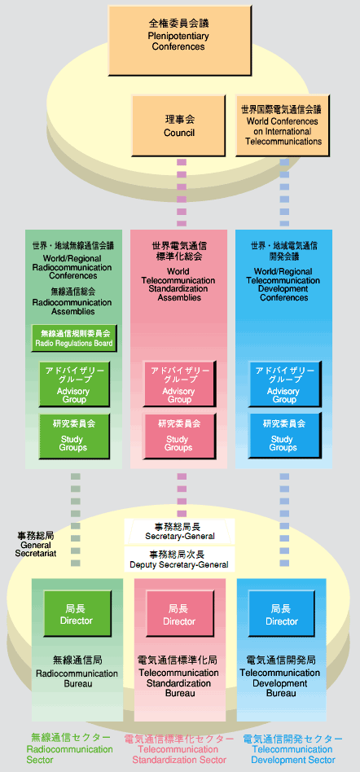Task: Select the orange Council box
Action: click(x=178, y=125)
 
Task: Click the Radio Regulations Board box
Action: click(x=74, y=338)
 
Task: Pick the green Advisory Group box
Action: click(x=74, y=384)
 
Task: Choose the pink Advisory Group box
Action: click(x=178, y=384)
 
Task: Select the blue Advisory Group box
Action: click(x=284, y=384)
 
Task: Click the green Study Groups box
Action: click(x=74, y=436)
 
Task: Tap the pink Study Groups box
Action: click(x=178, y=436)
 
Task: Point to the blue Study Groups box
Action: click(x=284, y=436)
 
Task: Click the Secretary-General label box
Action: click(x=179, y=531)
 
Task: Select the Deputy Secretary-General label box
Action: click(x=179, y=559)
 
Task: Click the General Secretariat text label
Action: click(x=36, y=544)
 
